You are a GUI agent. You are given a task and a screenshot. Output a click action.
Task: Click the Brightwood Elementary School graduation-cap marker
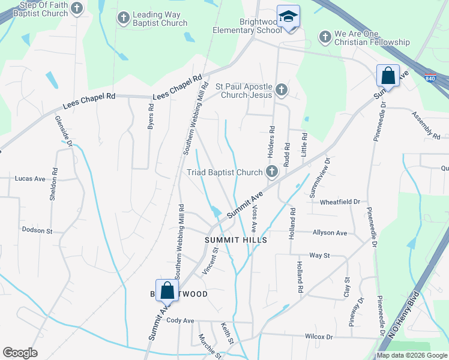click(x=288, y=17)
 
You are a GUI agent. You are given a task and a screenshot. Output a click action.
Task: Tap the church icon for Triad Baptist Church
click(x=272, y=172)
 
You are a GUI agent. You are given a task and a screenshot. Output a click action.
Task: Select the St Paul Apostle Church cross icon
click(x=282, y=91)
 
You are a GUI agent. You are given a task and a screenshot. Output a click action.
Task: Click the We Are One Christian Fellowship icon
click(x=324, y=37)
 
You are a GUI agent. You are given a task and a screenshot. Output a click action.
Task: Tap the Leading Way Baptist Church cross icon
click(x=123, y=18)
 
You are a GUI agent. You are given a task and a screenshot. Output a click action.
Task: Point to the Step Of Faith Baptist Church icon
click(x=77, y=8)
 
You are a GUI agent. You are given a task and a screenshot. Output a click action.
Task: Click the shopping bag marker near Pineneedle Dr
click(x=388, y=76)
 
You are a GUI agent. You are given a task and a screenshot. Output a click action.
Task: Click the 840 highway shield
click(x=430, y=78)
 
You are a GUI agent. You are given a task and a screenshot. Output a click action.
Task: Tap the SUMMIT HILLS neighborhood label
click(x=231, y=239)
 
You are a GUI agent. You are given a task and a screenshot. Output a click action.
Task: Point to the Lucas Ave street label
click(x=30, y=179)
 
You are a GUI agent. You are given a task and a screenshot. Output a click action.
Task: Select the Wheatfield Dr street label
click(x=340, y=202)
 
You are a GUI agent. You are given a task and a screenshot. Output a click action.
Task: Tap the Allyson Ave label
click(x=330, y=233)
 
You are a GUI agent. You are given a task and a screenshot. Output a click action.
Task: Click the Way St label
click(x=319, y=256)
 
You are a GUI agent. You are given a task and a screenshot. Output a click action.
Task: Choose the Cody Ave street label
click(x=181, y=320)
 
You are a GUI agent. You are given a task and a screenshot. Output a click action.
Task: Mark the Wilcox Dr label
click(x=319, y=337)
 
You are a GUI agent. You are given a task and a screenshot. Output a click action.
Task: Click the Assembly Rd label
click(x=427, y=123)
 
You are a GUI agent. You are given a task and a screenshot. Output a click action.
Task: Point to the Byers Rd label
click(x=151, y=118)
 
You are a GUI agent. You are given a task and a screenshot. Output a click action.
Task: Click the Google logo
click(x=20, y=353)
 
